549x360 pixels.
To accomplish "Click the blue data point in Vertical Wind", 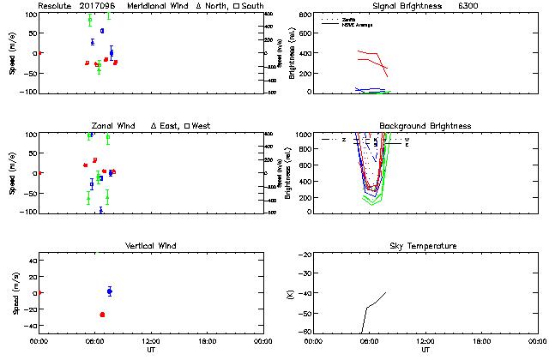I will pyautogui.click(x=110, y=291).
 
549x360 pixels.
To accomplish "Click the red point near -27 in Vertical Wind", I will pyautogui.click(x=102, y=315).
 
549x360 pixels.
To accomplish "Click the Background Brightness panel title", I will pyautogui.click(x=425, y=126).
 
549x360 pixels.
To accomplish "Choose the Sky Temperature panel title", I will pyautogui.click(x=425, y=246).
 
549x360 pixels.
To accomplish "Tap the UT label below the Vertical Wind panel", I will pyautogui.click(x=151, y=350).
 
